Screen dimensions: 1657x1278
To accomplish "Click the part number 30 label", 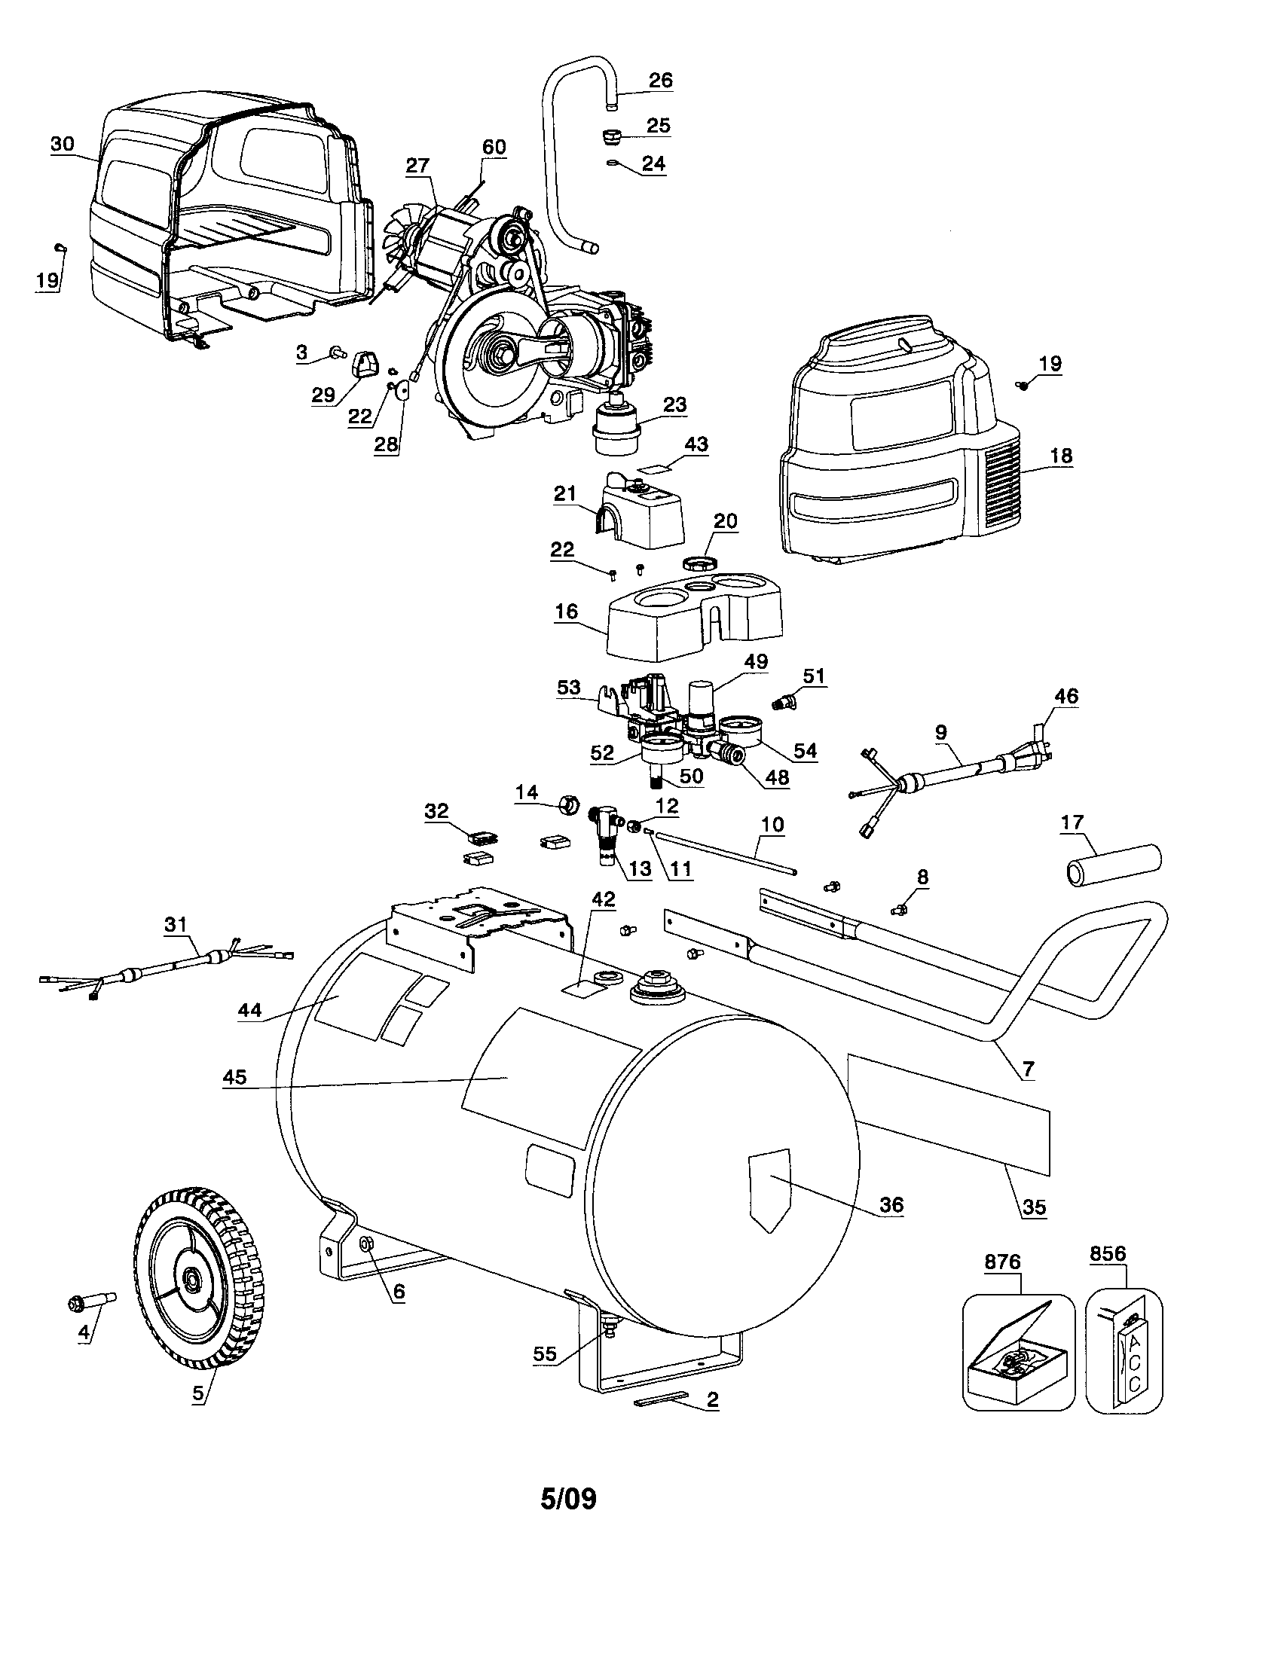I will click(x=63, y=144).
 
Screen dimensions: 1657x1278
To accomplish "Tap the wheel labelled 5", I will click(x=198, y=1279).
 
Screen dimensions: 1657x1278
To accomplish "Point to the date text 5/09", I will click(x=568, y=1499).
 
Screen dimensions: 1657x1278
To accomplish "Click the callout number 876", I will click(x=1002, y=1262).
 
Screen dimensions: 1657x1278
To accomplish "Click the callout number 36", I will click(x=891, y=1204).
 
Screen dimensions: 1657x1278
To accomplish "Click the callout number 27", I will click(x=417, y=166).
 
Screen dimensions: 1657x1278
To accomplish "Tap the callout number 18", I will click(x=1060, y=455).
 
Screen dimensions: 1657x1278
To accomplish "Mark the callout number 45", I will click(x=234, y=1077).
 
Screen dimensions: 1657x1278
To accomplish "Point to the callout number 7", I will click(x=1028, y=1070).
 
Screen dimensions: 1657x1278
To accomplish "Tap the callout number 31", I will click(x=176, y=924).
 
